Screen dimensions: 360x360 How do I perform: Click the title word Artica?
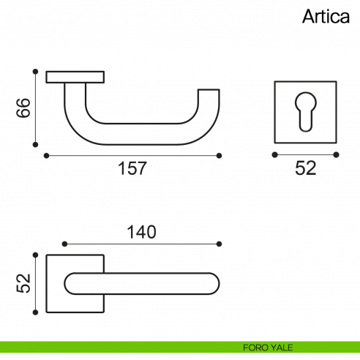pos(326,18)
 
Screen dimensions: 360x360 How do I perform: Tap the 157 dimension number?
pos(132,168)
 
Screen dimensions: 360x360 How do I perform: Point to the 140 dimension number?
pos(141,232)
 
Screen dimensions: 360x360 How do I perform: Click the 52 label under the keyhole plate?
pos(305,168)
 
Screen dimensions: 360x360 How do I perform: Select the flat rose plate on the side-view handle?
pos(75,76)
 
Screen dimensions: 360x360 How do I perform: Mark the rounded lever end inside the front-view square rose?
pos(72,284)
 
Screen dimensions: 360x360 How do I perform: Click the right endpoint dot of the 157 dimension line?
pos(220,155)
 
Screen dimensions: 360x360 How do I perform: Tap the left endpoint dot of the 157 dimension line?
pos(46,155)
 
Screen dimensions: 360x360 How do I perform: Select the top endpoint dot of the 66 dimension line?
pos(35,71)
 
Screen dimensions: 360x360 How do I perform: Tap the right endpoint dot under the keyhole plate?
pos(337,155)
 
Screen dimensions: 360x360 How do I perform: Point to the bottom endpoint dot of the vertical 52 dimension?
pos(35,312)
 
